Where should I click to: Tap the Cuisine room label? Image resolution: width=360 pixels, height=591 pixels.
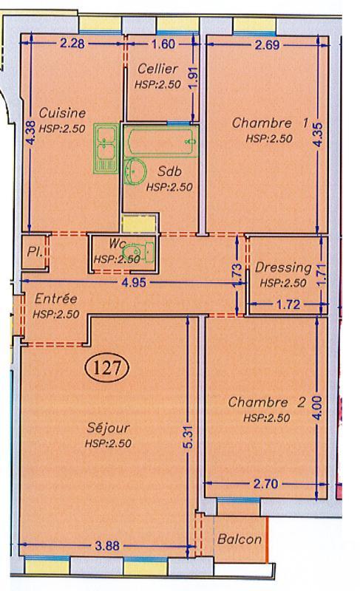click(x=62, y=113)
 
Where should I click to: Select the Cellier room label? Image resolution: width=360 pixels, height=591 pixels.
click(x=157, y=69)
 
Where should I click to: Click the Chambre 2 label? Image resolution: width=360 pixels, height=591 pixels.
click(x=266, y=403)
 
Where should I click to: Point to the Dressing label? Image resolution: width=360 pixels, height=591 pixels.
click(x=282, y=267)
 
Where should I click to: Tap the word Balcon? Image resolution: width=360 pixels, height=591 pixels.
click(x=239, y=539)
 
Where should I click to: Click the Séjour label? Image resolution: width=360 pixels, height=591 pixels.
click(x=109, y=428)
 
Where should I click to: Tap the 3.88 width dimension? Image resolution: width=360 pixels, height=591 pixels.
click(x=110, y=546)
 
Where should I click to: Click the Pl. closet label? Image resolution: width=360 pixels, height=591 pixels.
click(x=33, y=250)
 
